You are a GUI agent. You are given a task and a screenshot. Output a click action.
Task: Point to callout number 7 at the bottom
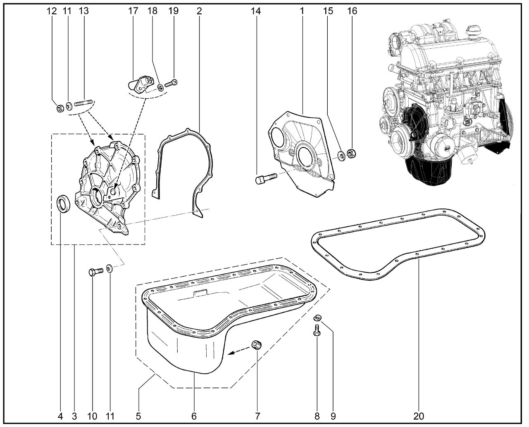click(257, 416)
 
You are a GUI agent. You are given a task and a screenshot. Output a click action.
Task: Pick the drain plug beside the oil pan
click(257, 344)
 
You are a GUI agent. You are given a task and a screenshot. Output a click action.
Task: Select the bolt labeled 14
click(262, 180)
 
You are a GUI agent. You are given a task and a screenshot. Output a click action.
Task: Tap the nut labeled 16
click(353, 154)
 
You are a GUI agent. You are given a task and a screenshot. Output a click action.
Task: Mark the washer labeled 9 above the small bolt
click(317, 318)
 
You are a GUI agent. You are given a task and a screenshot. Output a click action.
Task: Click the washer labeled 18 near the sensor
click(160, 87)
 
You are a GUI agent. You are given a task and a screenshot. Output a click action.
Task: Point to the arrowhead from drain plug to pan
click(231, 353)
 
